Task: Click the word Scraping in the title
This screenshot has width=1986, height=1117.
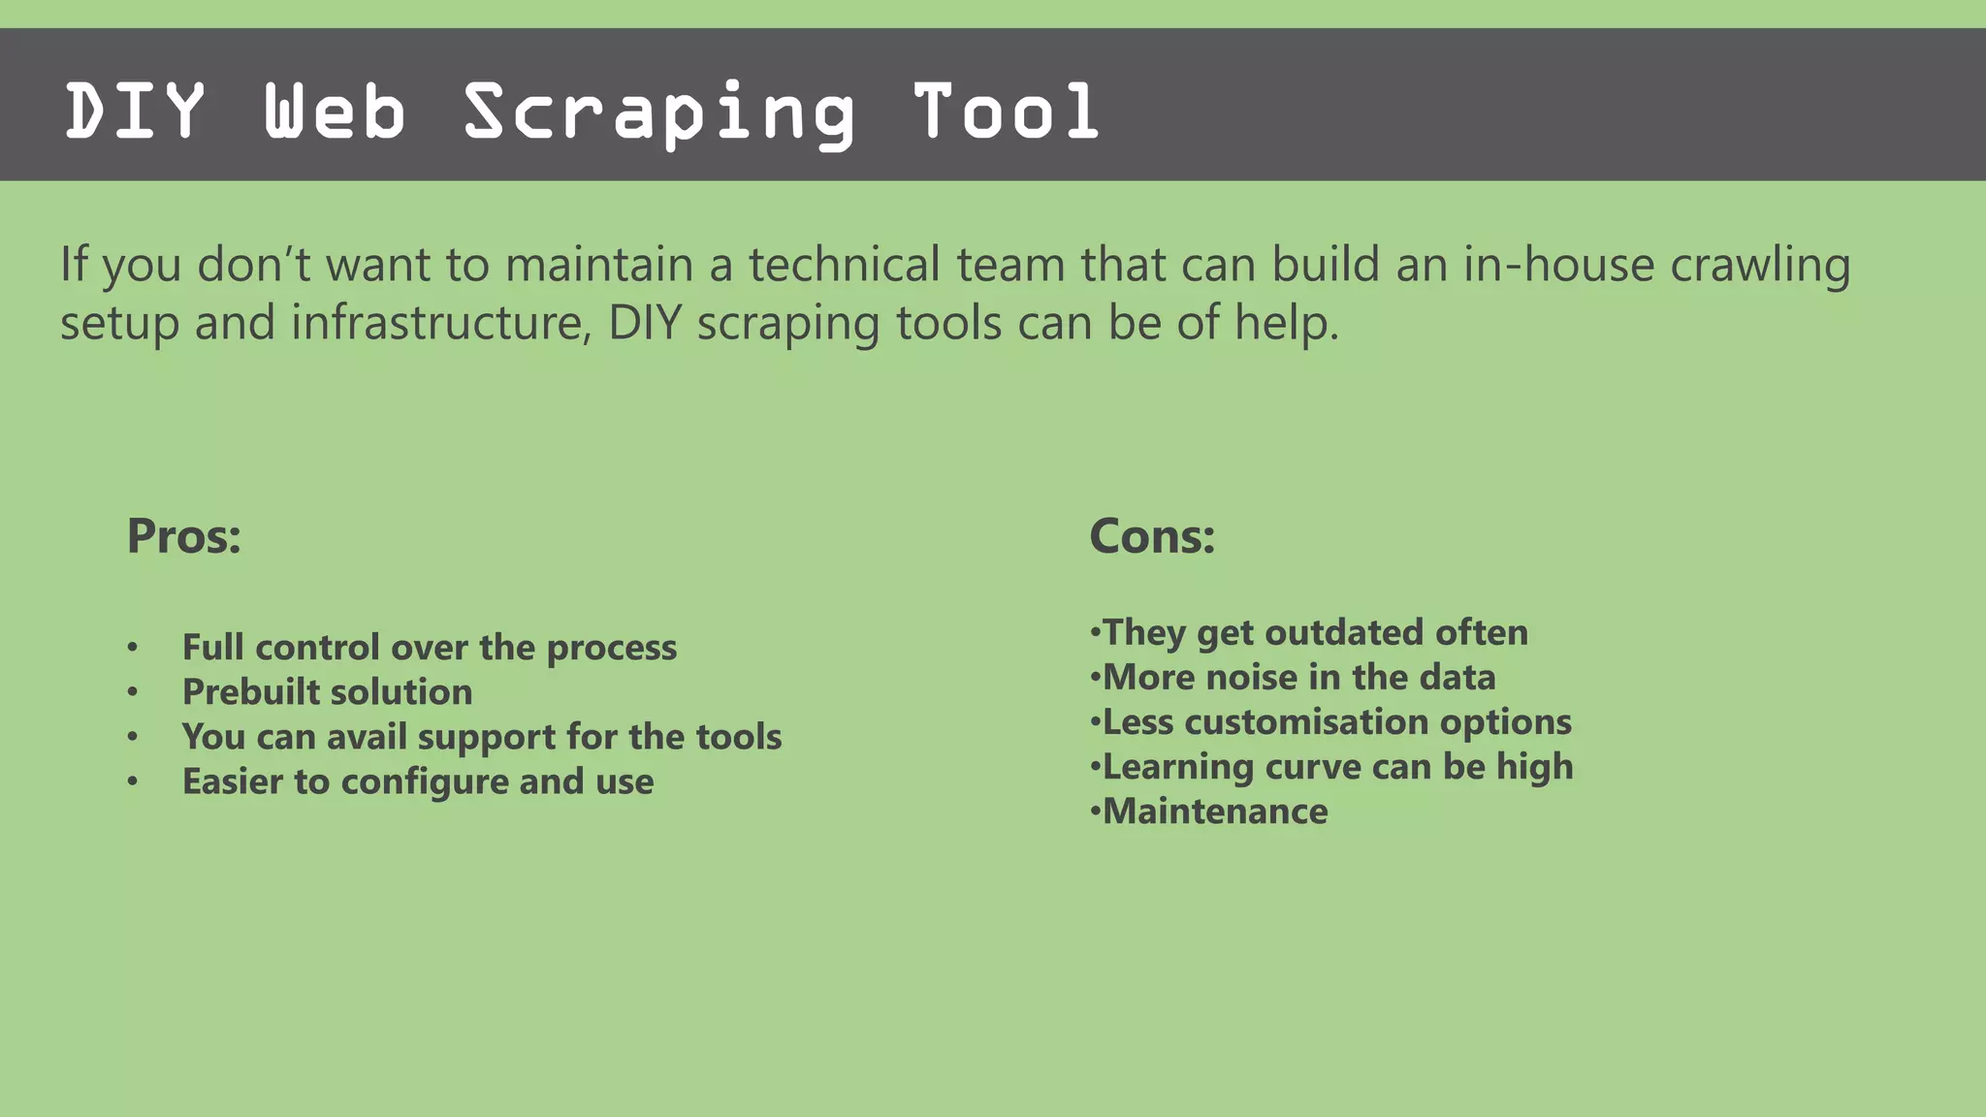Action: coord(659,112)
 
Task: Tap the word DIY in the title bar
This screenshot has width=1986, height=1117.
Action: coord(135,112)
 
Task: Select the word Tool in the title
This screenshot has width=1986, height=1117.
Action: coord(1006,112)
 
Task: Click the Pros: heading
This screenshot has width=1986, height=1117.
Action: coord(184,536)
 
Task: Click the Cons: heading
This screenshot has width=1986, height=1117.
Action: coord(1152,536)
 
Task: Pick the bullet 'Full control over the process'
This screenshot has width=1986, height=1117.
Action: coord(429,648)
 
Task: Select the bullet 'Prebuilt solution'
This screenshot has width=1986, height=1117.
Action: coord(327,692)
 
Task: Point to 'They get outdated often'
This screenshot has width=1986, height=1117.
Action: coord(1314,633)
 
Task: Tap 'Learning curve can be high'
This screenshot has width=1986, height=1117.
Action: coord(1337,767)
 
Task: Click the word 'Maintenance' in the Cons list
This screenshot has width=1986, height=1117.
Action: coord(1214,812)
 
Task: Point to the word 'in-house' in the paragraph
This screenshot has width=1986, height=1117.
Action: coord(1558,265)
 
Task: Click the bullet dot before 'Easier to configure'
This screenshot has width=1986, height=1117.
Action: coord(133,782)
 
